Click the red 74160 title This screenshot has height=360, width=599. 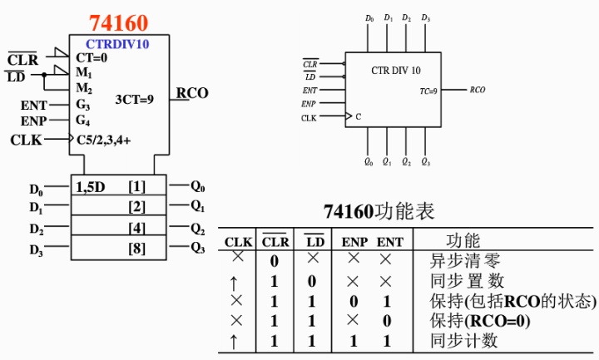[119, 22]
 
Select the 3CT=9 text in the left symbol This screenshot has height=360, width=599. [134, 99]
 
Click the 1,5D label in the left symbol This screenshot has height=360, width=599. [91, 186]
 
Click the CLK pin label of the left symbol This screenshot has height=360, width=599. [26, 140]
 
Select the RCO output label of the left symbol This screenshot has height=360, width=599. [192, 93]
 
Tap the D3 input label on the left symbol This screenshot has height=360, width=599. [36, 249]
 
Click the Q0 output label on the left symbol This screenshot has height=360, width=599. [197, 186]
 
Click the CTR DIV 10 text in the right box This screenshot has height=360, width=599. [395, 71]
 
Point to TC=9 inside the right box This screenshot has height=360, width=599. [428, 90]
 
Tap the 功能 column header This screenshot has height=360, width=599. [463, 241]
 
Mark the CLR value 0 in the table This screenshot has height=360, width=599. [274, 261]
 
